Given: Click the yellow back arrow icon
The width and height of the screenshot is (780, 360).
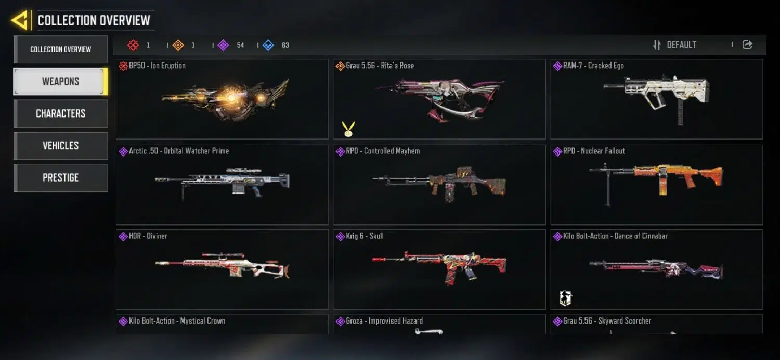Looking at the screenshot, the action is click(x=20, y=20).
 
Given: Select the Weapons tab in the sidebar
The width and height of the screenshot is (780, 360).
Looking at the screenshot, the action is click(x=61, y=82).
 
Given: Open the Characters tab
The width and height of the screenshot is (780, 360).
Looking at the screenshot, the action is click(x=61, y=113).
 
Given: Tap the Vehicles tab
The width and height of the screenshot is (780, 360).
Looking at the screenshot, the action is click(x=61, y=146).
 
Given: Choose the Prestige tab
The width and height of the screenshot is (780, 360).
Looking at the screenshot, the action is click(x=61, y=178).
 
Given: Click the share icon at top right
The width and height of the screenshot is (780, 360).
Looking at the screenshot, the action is click(x=747, y=45).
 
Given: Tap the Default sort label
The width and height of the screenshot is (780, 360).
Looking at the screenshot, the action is click(x=681, y=45).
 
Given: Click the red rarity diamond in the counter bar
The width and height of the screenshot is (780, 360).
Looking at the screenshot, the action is click(x=133, y=45).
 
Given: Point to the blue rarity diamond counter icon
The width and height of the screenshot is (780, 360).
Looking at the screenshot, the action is click(x=268, y=45).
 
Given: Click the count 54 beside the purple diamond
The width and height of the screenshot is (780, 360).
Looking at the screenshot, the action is click(x=240, y=45).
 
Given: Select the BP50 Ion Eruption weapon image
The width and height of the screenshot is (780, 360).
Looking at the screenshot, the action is click(x=225, y=99).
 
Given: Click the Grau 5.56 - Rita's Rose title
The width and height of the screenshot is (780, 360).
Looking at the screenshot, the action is click(x=380, y=66).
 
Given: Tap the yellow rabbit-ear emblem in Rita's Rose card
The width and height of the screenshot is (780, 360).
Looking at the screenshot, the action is click(x=348, y=128).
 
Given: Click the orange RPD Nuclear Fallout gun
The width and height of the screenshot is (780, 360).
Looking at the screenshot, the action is click(x=656, y=184).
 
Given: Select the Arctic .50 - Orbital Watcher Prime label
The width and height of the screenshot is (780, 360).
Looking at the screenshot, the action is click(x=179, y=151).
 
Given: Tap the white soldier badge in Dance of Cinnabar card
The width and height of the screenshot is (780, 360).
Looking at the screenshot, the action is click(x=566, y=298).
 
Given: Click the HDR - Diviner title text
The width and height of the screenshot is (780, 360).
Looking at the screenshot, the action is click(x=148, y=236).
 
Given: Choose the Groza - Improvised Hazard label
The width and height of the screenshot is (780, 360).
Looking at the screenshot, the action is click(x=384, y=320).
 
